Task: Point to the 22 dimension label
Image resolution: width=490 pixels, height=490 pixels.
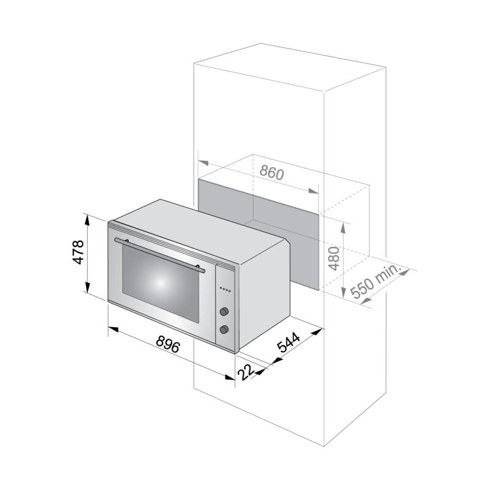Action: pyautogui.click(x=247, y=371)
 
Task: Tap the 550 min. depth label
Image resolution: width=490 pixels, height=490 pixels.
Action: pyautogui.click(x=374, y=283)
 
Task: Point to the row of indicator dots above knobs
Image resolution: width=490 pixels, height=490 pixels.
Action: pyautogui.click(x=225, y=290)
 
